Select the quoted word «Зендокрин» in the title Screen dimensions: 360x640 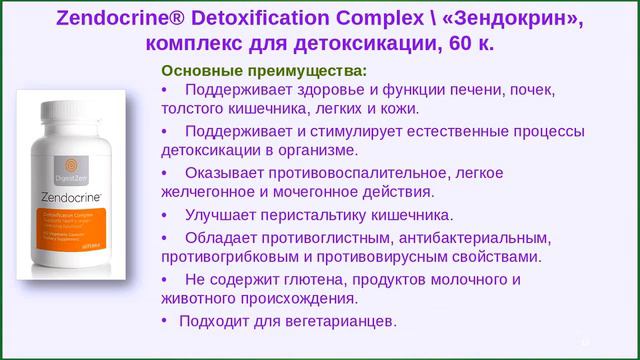pyautogui.click(x=521, y=18)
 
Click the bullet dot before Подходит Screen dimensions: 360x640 pyautogui.click(x=165, y=320)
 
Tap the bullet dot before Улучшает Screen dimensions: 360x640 pyautogui.click(x=165, y=214)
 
